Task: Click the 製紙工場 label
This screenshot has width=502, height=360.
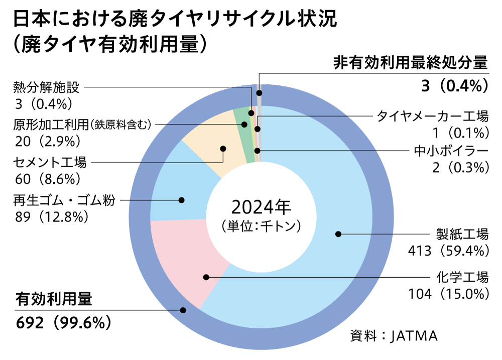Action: tap(462, 234)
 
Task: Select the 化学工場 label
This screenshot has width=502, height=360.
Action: tap(462, 277)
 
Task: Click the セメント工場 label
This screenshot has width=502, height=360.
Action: tap(50, 163)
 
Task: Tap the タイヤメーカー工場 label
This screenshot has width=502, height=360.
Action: tap(432, 116)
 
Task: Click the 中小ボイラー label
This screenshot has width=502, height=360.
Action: tap(451, 150)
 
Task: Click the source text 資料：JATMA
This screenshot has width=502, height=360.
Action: tap(394, 336)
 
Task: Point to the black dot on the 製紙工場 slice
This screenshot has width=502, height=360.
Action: tap(338, 234)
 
